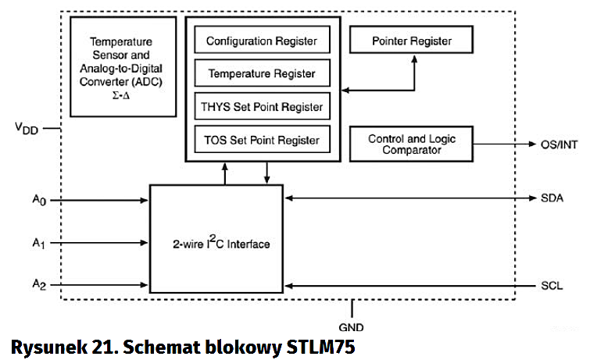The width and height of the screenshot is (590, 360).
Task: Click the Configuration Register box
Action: (262, 41)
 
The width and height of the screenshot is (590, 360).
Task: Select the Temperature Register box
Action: (262, 73)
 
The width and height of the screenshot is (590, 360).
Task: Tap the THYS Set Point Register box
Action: (262, 107)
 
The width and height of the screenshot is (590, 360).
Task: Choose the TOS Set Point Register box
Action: (262, 141)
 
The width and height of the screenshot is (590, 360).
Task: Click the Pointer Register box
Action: (411, 40)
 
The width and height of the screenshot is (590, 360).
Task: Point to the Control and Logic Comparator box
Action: (411, 144)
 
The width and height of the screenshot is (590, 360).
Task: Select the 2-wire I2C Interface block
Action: (216, 244)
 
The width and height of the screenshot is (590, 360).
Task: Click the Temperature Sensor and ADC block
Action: (123, 66)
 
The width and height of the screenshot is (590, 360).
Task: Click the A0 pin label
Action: (39, 201)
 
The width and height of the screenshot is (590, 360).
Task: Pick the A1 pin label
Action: (39, 244)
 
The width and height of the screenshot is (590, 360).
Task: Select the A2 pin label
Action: (39, 285)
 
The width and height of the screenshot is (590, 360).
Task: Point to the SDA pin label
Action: (552, 198)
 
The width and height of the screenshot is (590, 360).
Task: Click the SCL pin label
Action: (552, 286)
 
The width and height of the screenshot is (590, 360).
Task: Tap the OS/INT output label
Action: (559, 144)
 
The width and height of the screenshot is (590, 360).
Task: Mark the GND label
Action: (352, 328)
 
